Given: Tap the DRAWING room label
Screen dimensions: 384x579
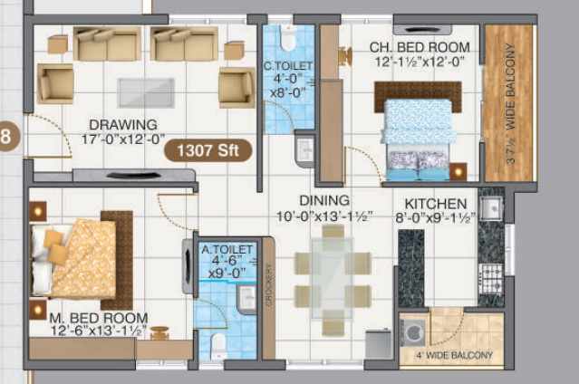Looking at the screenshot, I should tap(123, 124).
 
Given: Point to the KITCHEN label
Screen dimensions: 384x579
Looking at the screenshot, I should tap(436, 204).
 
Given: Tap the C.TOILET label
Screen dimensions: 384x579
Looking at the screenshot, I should tap(288, 65).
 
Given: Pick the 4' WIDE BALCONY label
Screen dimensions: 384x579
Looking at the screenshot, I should tap(456, 354).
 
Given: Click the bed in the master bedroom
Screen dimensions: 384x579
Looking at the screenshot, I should tap(77, 257).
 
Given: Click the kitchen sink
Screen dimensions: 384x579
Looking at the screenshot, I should tap(493, 208).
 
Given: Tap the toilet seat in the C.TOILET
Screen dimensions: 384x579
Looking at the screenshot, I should tap(288, 38).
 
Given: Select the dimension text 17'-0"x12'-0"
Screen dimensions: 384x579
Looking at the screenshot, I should tap(123, 139).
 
